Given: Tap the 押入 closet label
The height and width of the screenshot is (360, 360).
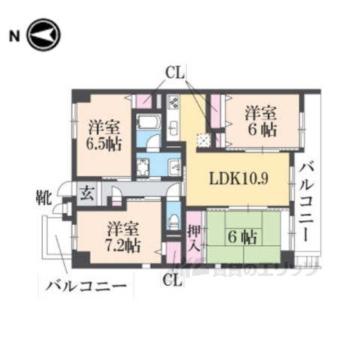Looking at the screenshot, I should pos(194,238).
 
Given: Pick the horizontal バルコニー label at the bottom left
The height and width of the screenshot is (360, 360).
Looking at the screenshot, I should pos(83,286).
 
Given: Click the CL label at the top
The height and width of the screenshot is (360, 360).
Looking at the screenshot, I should pos(175,74).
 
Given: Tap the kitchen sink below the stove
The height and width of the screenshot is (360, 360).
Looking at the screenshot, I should pos(172,127).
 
